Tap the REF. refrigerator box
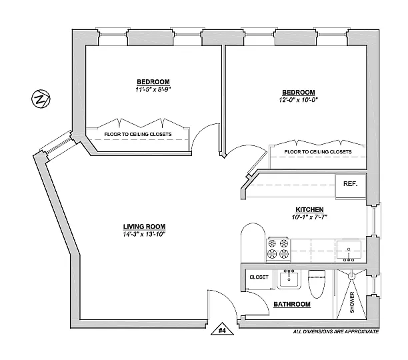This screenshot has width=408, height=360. [350, 184]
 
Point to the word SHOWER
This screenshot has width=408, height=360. [352, 301]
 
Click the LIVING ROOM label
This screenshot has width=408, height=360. [144, 225]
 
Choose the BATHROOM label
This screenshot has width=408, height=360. [292, 304]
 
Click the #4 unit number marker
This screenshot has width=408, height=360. [223, 329]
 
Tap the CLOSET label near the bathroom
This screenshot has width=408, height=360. [259, 277]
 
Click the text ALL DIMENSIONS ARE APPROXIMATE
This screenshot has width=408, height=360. [335, 331]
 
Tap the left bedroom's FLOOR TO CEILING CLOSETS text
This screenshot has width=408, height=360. [138, 134]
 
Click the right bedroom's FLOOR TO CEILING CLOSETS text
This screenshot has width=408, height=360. [318, 152]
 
